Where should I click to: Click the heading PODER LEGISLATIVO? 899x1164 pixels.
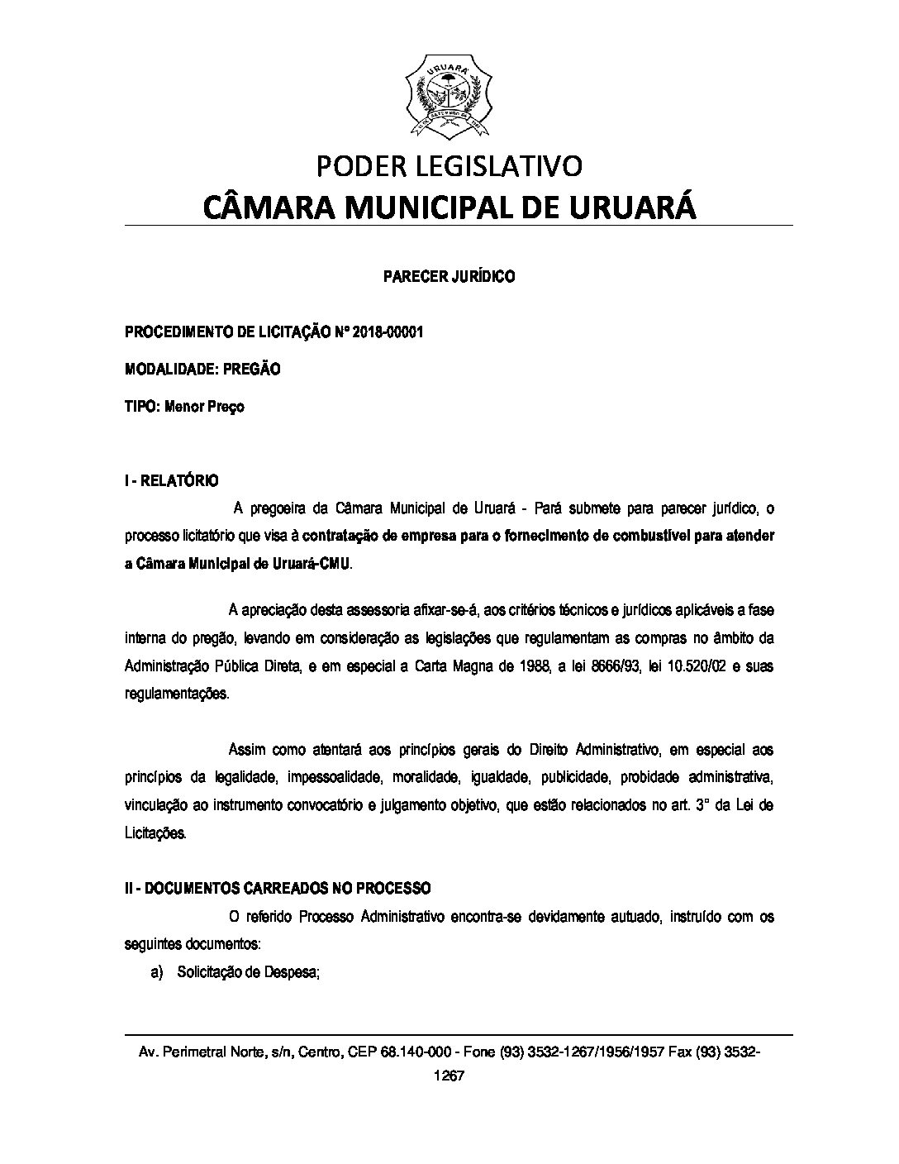449,166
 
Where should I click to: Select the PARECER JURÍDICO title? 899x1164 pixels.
449,277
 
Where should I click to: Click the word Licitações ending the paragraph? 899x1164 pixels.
155,832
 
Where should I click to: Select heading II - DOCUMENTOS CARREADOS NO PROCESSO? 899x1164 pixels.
278,889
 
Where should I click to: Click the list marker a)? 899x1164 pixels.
158,973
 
